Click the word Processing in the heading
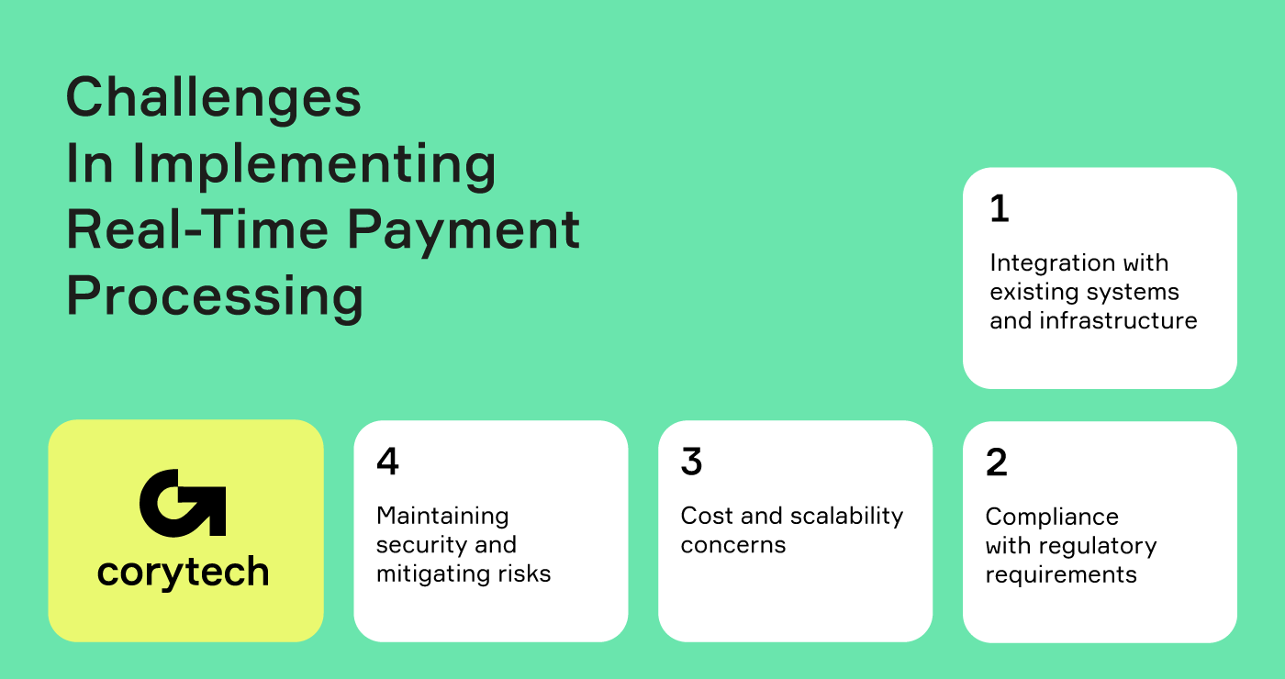click(x=215, y=296)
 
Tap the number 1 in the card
click(x=1000, y=209)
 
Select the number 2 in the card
click(x=997, y=462)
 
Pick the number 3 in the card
click(x=691, y=462)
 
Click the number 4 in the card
click(x=387, y=462)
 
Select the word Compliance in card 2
click(x=1052, y=517)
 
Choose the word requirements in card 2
click(x=1061, y=575)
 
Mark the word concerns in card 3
click(x=733, y=545)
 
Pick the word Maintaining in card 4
click(x=442, y=516)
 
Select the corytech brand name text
click(x=184, y=573)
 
